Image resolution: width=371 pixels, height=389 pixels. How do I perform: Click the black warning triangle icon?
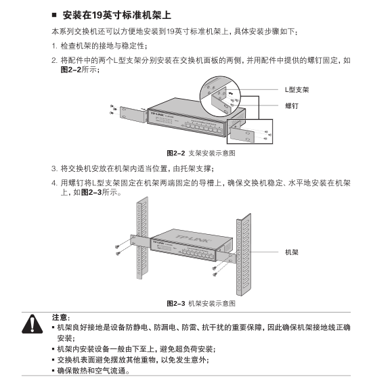pos(32,324)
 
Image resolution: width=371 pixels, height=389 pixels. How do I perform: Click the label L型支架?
pos(297,89)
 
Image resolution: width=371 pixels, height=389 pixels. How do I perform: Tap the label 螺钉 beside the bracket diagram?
pos(292,106)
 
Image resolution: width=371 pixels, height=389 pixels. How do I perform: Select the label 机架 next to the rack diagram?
pos(292,252)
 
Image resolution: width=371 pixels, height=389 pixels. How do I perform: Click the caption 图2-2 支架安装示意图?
pos(201,153)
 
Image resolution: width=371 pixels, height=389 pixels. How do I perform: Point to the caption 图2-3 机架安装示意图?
pos(201,303)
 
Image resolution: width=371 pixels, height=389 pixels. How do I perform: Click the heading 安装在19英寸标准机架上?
pos(116,15)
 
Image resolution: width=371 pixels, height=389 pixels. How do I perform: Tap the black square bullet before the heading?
pos(54,15)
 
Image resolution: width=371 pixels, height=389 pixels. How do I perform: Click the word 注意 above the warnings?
pos(60,317)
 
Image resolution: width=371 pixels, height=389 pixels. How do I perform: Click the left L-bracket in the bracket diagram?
pos(133,114)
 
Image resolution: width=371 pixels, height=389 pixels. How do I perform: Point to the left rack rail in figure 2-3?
pos(142,237)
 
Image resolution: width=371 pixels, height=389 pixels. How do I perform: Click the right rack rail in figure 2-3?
pos(243,255)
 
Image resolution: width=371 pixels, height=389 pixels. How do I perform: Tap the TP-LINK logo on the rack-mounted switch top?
pos(193,238)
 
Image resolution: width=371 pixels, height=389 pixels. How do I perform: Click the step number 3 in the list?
pos(54,169)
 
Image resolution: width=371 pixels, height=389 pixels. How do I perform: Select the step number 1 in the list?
pos(54,46)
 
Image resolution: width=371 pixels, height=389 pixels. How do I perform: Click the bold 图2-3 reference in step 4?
pos(91,192)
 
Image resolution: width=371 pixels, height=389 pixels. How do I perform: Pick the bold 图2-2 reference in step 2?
pos(71,70)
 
